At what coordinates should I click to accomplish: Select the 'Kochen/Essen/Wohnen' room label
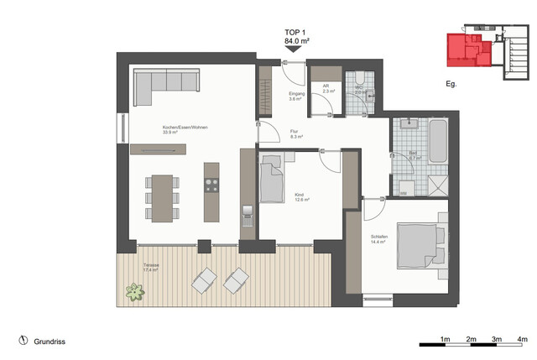point(185,128)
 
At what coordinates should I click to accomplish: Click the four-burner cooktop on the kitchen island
point(211,185)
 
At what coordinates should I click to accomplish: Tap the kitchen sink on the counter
point(247,216)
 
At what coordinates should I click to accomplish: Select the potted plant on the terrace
point(134,292)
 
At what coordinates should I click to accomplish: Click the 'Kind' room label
point(300,196)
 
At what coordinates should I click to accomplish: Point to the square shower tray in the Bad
point(436,182)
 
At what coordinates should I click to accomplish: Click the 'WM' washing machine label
point(403,193)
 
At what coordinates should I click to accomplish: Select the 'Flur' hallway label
point(295,132)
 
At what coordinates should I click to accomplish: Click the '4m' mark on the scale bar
point(522,338)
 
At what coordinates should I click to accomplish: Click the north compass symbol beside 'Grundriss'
point(22,342)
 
